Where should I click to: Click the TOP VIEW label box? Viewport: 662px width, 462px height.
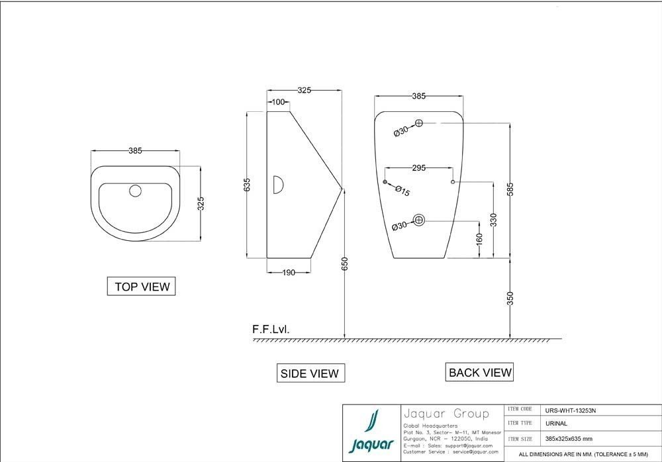[x=142, y=287]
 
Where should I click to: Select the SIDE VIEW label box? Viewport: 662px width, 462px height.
[x=310, y=373]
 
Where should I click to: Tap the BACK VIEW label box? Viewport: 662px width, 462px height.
[x=480, y=372]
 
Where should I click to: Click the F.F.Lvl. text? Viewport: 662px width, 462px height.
[x=270, y=329]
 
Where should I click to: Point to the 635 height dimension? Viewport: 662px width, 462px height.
[x=248, y=185]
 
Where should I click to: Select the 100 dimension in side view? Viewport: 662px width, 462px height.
[x=278, y=102]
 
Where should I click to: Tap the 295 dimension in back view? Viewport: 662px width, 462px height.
[x=419, y=168]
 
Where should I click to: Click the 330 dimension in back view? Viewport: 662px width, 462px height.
[x=493, y=219]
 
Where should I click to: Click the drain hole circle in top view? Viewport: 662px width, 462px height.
[x=136, y=191]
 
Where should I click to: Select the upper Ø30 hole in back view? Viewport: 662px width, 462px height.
[x=419, y=122]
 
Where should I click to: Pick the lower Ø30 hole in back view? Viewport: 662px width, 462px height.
[x=419, y=220]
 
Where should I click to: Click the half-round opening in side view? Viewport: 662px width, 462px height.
[x=279, y=185]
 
